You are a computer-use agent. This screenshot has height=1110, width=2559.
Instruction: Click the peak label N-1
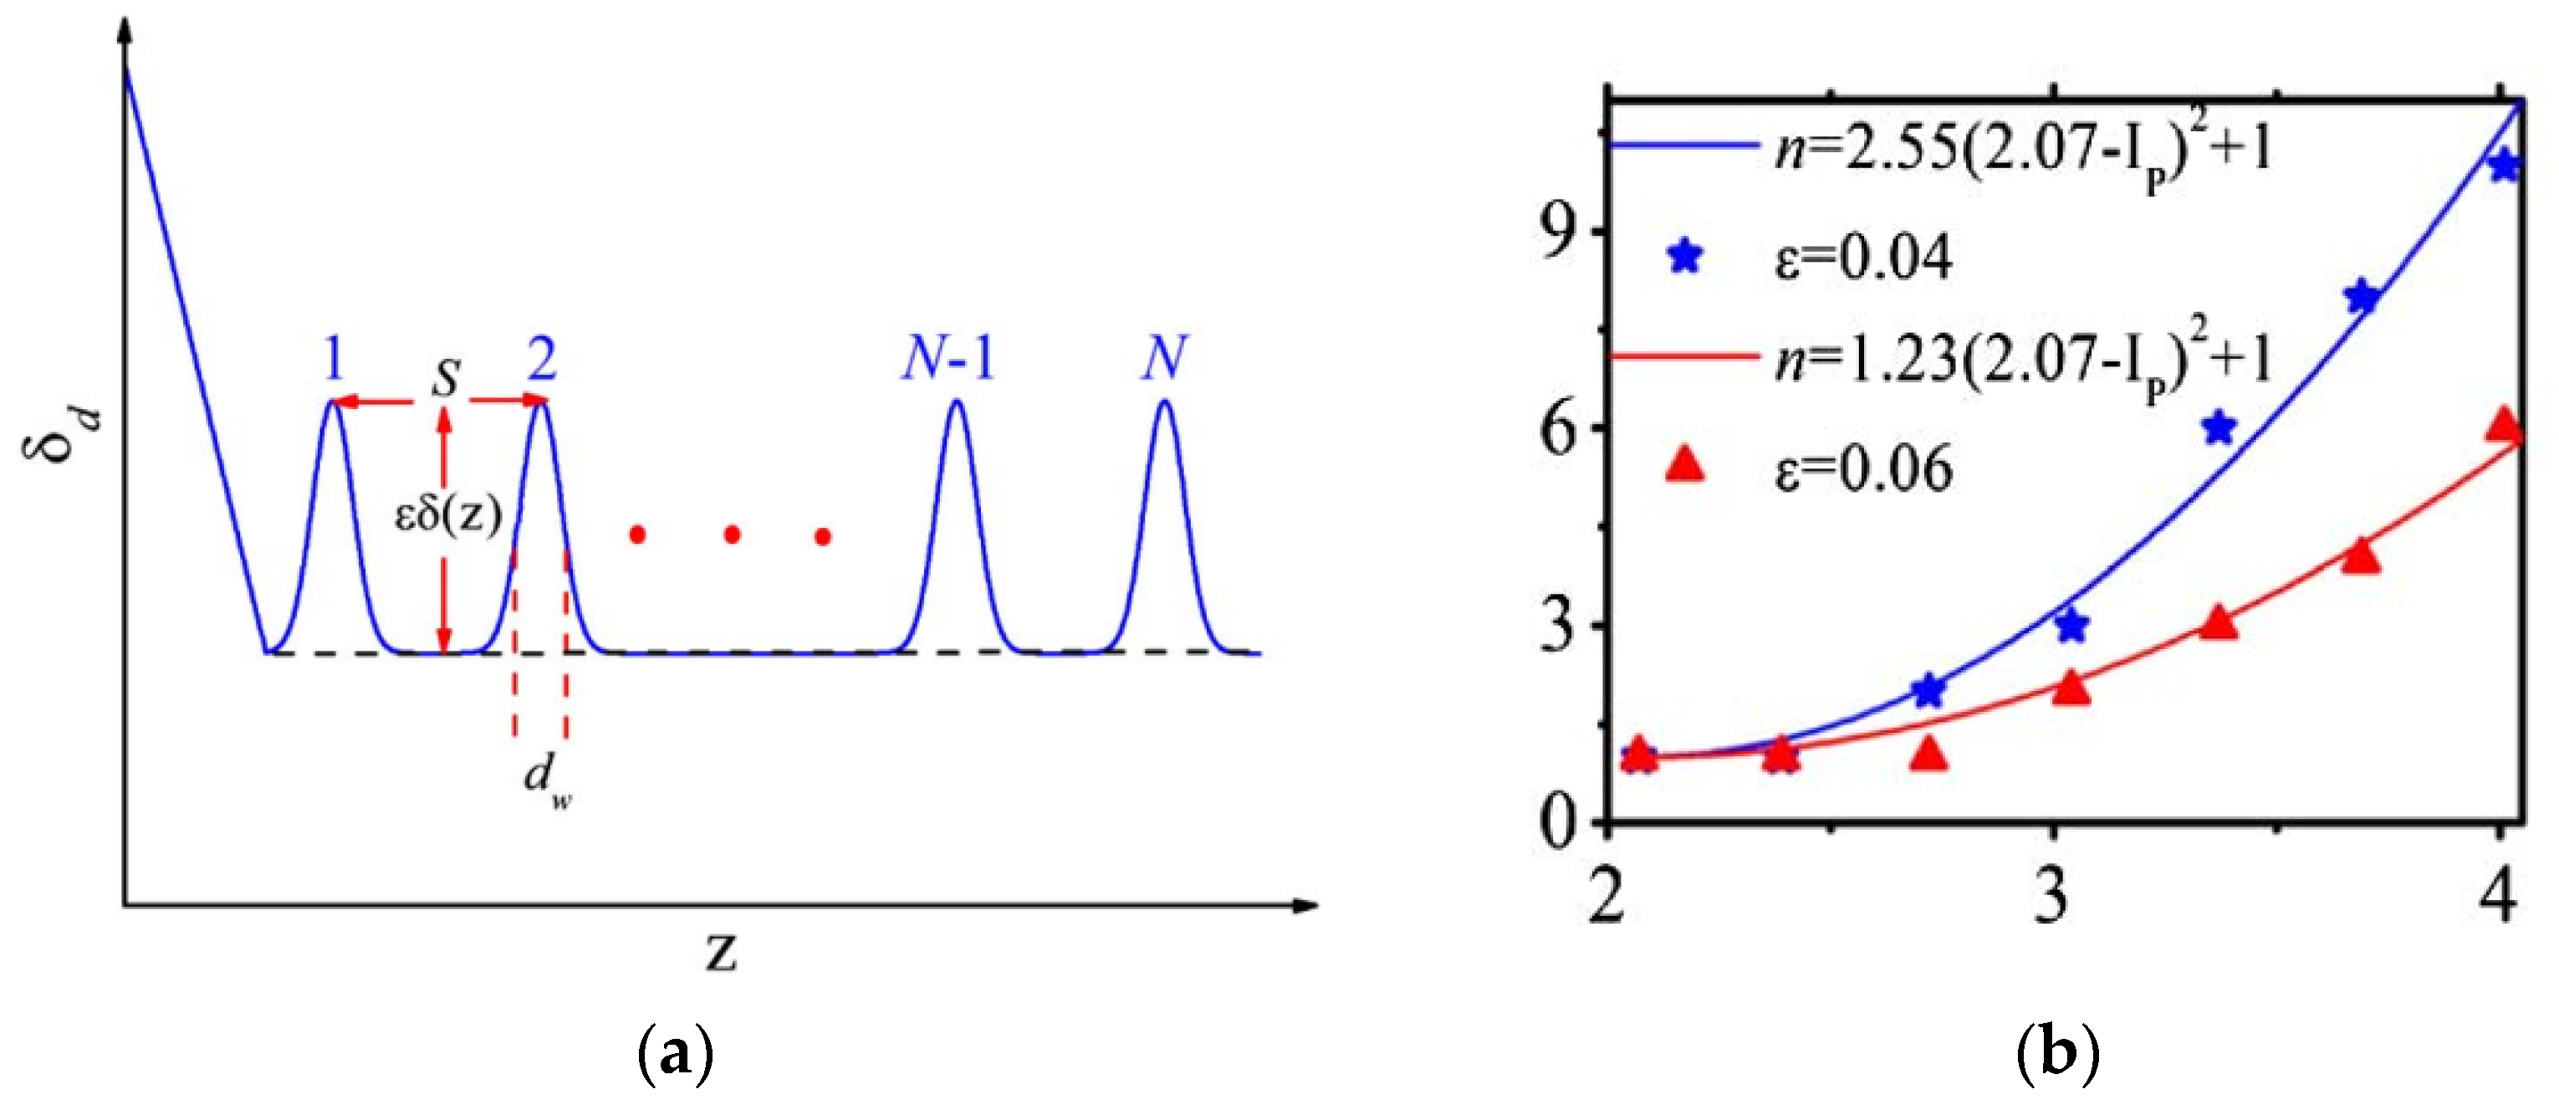tap(948, 359)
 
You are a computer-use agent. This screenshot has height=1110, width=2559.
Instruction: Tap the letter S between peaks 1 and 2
tap(448, 377)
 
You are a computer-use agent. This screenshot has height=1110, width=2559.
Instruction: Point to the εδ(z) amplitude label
tap(448, 516)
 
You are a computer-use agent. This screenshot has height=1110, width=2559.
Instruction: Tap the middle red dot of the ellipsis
tap(732, 535)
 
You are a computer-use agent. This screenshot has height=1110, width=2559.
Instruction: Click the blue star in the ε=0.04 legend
tap(1686, 258)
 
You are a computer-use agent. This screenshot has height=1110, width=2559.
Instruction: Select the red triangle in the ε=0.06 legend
tap(1685, 465)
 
